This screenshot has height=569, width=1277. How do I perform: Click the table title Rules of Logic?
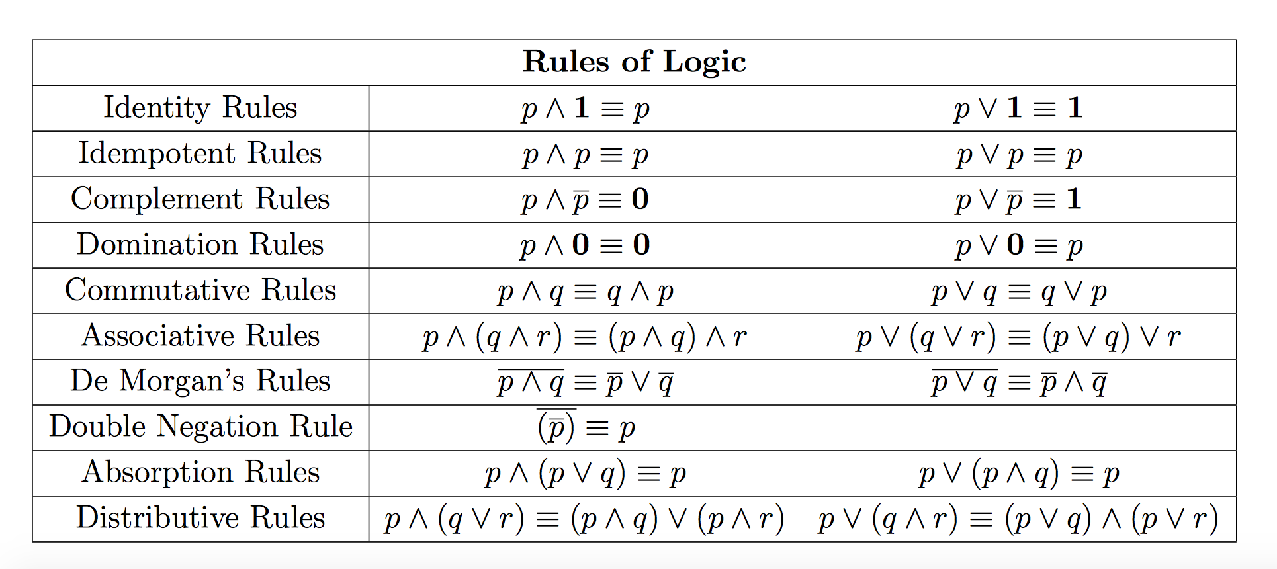(x=635, y=62)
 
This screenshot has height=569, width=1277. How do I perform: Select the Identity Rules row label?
(x=200, y=107)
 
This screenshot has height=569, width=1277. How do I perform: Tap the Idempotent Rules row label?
(x=200, y=153)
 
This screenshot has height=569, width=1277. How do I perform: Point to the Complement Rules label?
(x=200, y=198)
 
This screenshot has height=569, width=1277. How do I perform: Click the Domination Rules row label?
(x=200, y=244)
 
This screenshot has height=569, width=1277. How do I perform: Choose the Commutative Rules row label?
(x=200, y=290)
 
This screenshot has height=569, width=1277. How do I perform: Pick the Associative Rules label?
(x=200, y=335)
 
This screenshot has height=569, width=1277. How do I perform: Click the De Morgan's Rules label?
(x=200, y=381)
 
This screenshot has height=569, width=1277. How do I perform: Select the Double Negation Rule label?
(x=200, y=427)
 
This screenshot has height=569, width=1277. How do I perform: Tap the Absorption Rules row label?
(x=200, y=472)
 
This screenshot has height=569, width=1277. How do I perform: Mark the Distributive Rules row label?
(x=200, y=517)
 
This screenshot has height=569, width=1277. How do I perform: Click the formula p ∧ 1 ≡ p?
(x=586, y=109)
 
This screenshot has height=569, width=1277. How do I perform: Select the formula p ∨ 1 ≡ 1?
(x=1018, y=109)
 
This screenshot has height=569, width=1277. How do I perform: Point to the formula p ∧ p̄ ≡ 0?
(x=585, y=200)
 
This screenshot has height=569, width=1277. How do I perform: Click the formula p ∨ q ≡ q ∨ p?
(x=1019, y=292)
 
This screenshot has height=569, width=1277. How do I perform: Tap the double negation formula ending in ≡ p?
(x=586, y=427)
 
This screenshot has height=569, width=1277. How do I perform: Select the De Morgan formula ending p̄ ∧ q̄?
(x=1019, y=382)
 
